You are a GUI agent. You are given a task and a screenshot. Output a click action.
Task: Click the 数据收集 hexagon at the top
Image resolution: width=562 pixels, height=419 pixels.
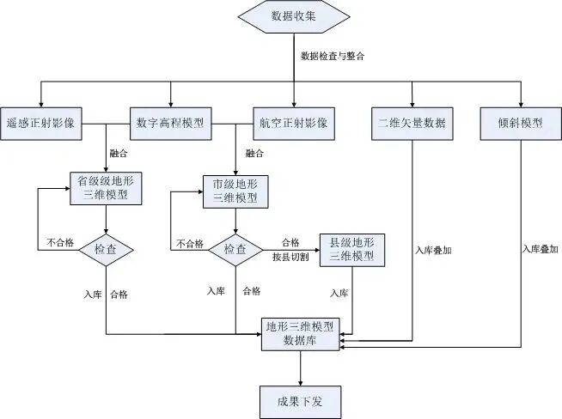coord(293,17)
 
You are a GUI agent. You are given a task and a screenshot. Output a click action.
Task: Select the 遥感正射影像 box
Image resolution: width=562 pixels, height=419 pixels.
coord(40,122)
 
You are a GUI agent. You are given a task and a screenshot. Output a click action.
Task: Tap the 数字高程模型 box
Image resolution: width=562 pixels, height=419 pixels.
coord(170,122)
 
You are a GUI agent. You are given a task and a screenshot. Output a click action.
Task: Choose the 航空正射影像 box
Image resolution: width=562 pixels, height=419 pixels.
coord(293,122)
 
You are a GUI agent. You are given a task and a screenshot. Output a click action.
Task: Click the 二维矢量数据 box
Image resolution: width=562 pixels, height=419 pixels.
coord(412,122)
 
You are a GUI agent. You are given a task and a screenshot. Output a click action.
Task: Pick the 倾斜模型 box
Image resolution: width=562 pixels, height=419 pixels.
coord(521,122)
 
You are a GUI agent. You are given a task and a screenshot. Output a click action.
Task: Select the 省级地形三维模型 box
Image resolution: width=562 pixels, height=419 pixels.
coord(105,188)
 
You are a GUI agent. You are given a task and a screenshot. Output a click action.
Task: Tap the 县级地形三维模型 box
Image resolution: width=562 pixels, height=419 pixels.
coord(352,250)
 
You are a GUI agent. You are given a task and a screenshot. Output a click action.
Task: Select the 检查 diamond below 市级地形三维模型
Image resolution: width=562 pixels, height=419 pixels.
coord(235,250)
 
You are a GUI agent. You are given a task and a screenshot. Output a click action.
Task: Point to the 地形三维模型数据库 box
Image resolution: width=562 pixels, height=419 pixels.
coord(300,332)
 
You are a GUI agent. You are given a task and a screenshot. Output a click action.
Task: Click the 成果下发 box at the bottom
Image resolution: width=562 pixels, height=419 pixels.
coord(300,399)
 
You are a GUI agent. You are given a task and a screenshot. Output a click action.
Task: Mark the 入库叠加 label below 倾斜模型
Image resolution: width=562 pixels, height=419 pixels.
coord(540,249)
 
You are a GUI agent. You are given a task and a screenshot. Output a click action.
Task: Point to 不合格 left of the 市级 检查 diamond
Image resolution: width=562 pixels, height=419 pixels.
coord(191,243)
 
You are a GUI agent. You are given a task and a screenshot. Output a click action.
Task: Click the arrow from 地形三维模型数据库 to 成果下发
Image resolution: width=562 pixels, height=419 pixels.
coord(300,367)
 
